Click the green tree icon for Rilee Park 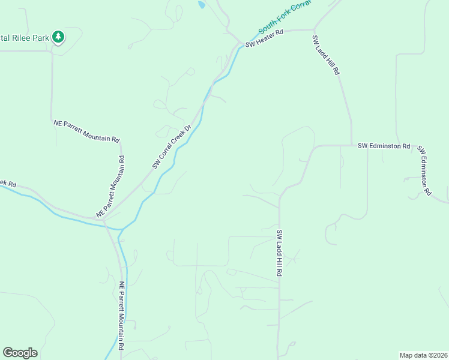pos(58,37)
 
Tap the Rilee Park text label pos(24,38)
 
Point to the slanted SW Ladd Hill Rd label pos(326,54)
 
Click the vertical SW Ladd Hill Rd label pos(280,253)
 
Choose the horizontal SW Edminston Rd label pos(384,146)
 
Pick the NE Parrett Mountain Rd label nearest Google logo pos(121,316)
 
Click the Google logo pos(20,353)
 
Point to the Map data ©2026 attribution pos(423,355)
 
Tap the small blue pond pos(201,5)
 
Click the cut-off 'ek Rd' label pos(8,182)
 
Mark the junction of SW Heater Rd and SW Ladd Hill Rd pos(314,29)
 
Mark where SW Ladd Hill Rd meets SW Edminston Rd pos(352,145)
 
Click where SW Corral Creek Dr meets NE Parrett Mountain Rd pos(104,219)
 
